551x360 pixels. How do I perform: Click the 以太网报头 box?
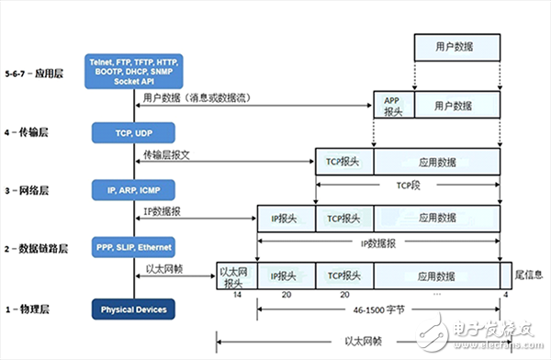pyautogui.click(x=235, y=275)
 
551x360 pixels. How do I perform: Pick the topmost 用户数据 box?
pyautogui.click(x=456, y=46)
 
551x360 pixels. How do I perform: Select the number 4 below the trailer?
pyautogui.click(x=504, y=295)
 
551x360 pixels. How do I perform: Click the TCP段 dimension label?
pyautogui.click(x=408, y=184)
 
